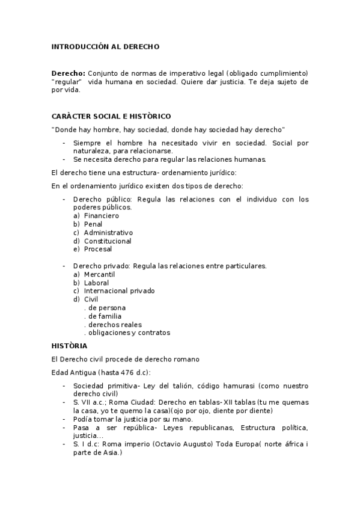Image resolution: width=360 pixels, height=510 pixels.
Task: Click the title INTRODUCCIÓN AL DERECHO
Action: tap(105, 46)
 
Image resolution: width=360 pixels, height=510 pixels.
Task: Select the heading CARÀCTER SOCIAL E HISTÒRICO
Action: tap(111, 116)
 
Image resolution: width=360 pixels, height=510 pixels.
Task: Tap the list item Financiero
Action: tap(102, 215)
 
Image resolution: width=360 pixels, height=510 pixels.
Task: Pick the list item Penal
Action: tap(93, 224)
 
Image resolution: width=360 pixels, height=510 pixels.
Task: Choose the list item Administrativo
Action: tap(108, 232)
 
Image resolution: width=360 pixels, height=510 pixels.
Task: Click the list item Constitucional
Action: tap(108, 241)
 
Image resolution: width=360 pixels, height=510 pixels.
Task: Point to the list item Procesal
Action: tap(98, 249)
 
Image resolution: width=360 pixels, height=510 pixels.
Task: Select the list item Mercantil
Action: tap(99, 274)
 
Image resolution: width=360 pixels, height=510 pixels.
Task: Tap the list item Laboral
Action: tap(96, 283)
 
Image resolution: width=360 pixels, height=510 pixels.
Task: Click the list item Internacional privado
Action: tap(119, 291)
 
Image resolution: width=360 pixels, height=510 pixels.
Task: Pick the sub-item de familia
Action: tap(105, 316)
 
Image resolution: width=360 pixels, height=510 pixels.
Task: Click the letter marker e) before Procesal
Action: tap(76, 249)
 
